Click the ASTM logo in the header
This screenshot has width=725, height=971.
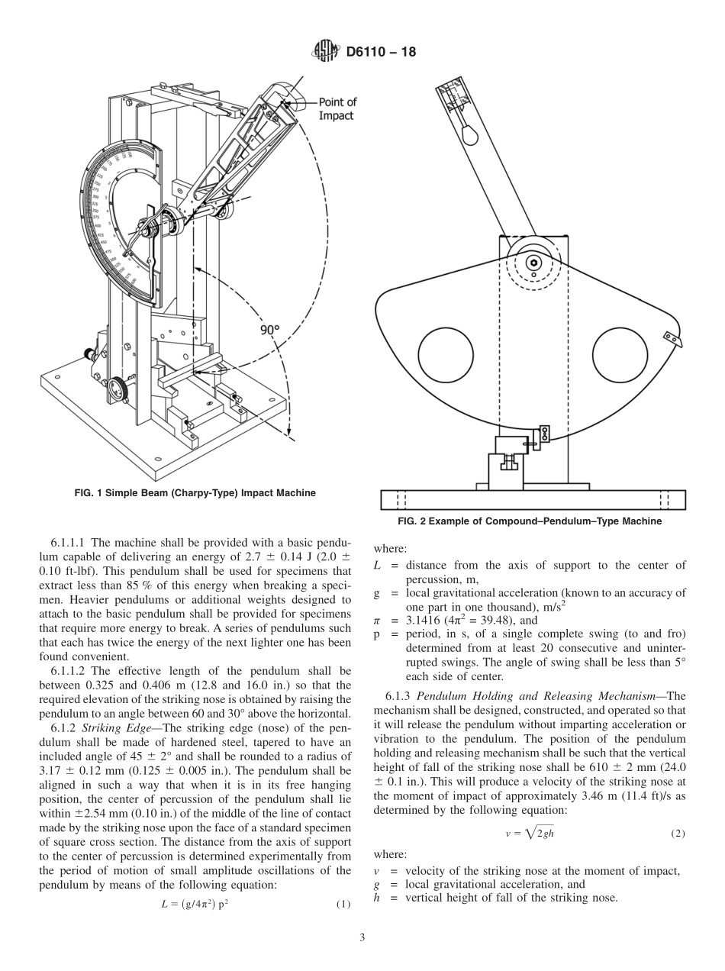click(326, 52)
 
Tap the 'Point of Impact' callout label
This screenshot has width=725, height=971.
click(337, 108)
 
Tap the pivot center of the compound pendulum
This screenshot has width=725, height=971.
click(533, 263)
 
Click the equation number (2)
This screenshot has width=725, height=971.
click(678, 833)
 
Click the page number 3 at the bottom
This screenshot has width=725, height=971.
click(362, 937)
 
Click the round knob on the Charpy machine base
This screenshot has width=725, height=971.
click(117, 387)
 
